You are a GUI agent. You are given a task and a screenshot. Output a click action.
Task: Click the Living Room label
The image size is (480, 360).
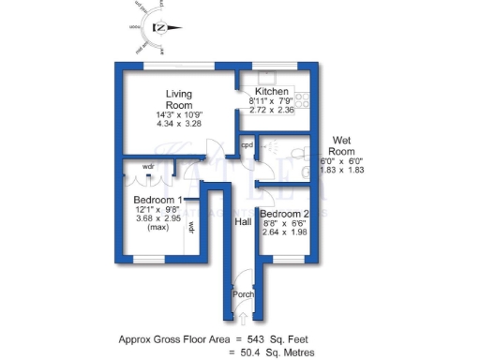coord(179,99)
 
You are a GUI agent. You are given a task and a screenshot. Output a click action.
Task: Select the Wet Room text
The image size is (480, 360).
coord(342,145)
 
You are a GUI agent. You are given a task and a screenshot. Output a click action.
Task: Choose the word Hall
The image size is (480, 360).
coord(243,222)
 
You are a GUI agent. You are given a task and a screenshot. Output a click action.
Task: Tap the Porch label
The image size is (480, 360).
coord(243,294)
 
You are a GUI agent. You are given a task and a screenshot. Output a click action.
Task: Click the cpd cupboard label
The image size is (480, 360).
coord(247,145)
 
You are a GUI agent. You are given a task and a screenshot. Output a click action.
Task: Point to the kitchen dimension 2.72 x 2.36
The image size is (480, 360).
coord(271,110)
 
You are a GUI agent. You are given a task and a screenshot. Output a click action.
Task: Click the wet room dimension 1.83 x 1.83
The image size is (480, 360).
coord(342,170)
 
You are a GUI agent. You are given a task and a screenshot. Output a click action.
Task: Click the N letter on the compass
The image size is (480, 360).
coord(162,27)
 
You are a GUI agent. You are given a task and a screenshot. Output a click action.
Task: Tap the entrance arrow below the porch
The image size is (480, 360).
coord(243,318)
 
